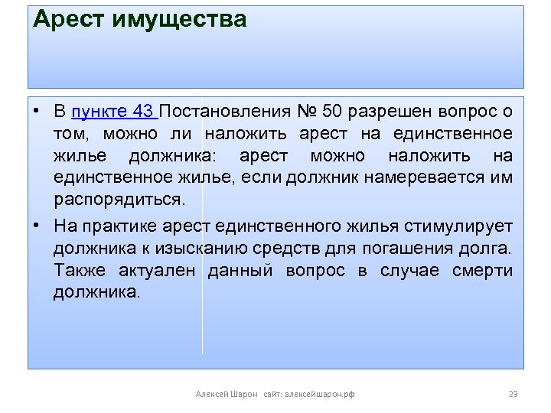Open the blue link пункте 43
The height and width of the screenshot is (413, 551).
112,112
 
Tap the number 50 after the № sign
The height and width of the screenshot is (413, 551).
331,112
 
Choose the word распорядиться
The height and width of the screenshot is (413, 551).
119,200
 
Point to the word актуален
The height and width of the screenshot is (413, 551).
157,271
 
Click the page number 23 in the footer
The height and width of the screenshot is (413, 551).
514,394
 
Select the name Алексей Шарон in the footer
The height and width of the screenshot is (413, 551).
227,394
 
